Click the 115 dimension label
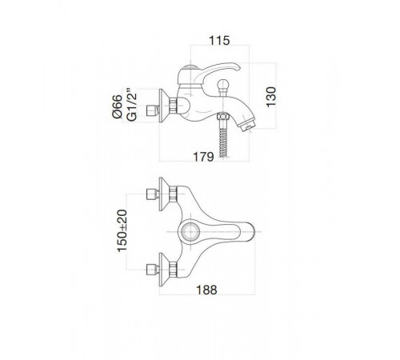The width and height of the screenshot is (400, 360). coord(219,41)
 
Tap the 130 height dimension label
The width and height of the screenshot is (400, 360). coord(271,97)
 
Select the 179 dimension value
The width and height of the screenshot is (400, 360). coord(203,157)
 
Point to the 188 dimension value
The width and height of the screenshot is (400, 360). coord(206,290)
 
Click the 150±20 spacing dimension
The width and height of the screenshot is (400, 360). coord(122,231)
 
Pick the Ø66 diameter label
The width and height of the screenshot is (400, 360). coord(117,106)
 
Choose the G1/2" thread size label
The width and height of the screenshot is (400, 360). coord(132,104)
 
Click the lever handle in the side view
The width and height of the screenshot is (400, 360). coord(215,71)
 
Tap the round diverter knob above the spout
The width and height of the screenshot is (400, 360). coord(223,86)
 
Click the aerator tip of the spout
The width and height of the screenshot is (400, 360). coord(247,126)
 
